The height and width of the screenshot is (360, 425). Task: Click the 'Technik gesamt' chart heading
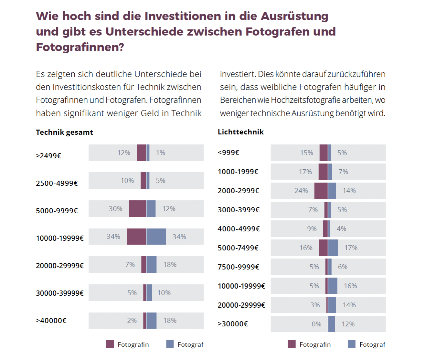64,132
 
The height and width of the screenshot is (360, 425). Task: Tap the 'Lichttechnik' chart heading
241,132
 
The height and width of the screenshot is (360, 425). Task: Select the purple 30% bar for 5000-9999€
137,209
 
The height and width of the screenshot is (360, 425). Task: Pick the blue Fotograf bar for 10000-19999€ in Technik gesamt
156,237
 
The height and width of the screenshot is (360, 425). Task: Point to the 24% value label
301,191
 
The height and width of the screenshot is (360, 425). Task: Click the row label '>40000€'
51,321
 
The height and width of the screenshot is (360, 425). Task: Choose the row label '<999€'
229,153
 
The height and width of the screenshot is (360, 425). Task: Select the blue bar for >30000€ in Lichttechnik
332,324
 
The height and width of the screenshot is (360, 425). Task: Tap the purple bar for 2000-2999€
321,191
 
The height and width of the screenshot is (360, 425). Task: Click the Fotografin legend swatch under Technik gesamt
110,344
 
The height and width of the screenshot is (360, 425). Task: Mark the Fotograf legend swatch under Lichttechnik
352,344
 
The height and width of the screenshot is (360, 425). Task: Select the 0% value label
316,324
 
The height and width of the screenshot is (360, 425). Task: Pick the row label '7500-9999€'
238,267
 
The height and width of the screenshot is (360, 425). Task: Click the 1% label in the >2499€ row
160,153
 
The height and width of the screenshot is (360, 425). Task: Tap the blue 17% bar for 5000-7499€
333,248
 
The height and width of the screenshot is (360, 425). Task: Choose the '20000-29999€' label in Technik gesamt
60,266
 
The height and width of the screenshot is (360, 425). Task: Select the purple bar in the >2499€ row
141,153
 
